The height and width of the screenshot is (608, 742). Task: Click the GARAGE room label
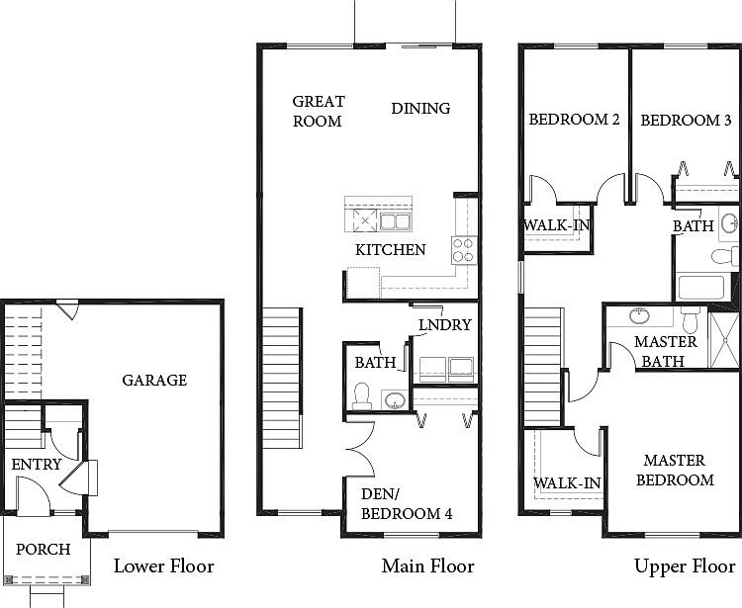154,380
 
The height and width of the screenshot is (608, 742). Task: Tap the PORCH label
44,550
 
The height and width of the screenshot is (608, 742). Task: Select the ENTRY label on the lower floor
37,465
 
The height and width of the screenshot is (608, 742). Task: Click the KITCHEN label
391,250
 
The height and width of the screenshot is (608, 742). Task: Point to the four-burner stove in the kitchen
464,250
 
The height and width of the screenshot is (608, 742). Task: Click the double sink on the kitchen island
395,220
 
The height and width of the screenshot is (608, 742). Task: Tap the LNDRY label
445,325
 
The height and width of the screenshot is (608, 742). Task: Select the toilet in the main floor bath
362,396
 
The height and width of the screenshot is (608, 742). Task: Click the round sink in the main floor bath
395,400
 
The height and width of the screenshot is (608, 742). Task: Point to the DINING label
420,109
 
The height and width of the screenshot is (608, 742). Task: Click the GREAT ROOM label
318,111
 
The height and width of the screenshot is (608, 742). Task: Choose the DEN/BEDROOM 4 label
407,504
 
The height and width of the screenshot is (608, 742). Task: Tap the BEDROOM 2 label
574,120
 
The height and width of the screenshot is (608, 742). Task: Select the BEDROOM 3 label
686,121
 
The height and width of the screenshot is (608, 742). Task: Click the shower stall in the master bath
724,339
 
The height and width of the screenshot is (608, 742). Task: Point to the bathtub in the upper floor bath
701,288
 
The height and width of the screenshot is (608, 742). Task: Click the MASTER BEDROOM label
675,470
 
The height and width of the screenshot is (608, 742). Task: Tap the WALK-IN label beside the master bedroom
567,483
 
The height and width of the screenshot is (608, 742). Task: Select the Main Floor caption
427,565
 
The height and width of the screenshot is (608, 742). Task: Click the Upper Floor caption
685,565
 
